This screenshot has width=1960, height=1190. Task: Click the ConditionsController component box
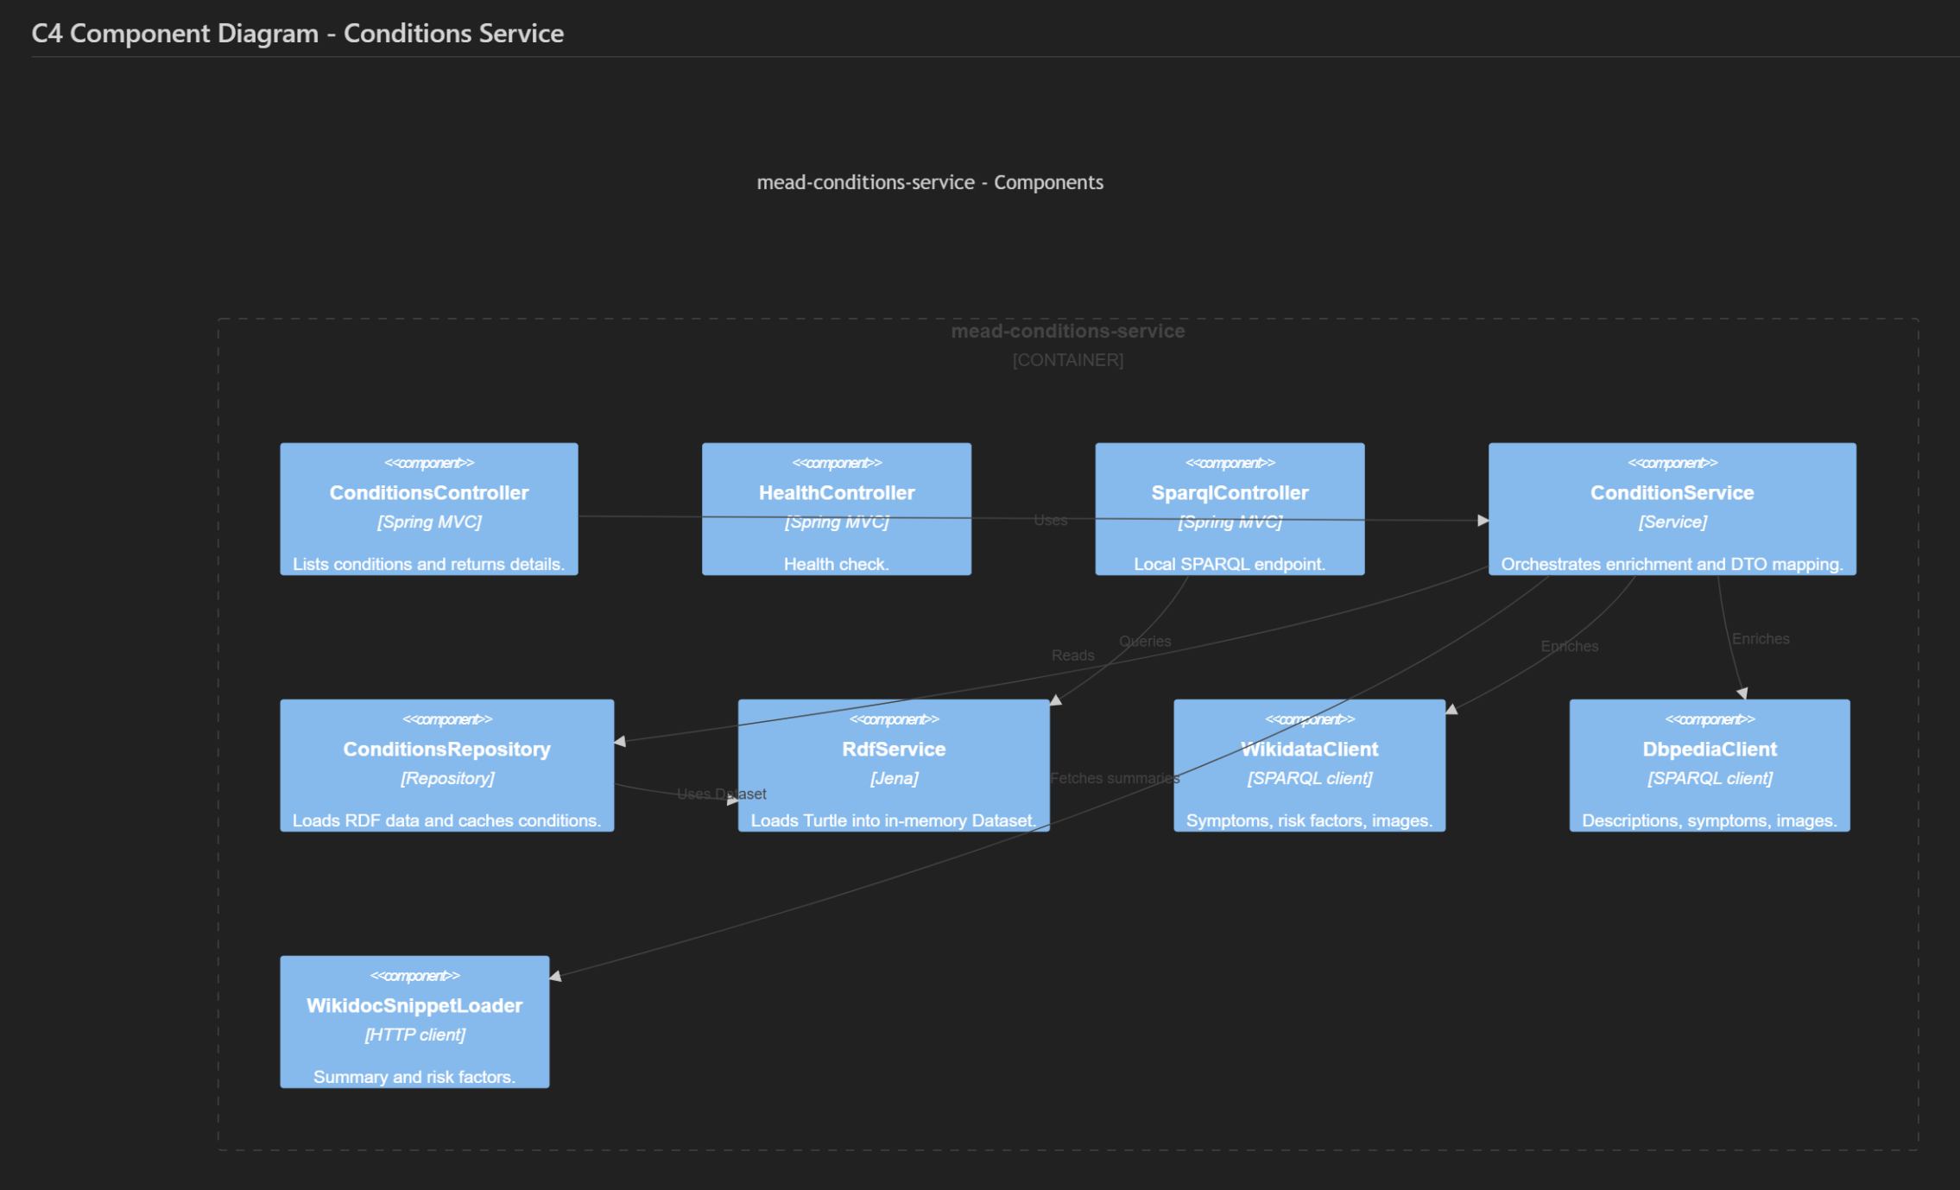point(428,509)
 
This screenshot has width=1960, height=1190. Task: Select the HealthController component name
point(836,493)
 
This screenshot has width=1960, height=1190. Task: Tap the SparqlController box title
point(1230,493)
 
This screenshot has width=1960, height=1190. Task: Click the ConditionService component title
point(1672,493)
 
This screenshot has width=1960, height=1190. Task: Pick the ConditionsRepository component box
point(446,765)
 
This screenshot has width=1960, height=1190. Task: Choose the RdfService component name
point(894,750)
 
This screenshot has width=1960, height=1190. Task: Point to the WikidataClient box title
point(1309,750)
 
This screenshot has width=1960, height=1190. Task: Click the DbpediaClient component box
point(1709,765)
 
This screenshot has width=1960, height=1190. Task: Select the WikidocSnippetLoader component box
point(414,1022)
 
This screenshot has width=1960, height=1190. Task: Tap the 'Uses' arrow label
point(1050,521)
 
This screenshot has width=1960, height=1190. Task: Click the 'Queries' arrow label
point(1145,642)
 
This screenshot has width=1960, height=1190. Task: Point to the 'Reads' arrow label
point(1072,655)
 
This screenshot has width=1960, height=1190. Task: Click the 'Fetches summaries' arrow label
point(1114,778)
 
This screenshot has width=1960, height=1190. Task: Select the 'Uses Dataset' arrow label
point(721,794)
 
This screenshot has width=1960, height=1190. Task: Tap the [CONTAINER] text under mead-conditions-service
point(1067,360)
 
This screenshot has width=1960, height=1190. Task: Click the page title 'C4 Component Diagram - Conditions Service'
point(297,34)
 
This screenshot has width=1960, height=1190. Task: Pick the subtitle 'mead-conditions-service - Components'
point(929,182)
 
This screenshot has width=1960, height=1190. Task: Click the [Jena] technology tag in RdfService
point(894,778)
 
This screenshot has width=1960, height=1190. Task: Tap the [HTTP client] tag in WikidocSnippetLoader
point(414,1035)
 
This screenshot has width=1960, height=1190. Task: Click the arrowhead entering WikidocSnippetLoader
point(555,976)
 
